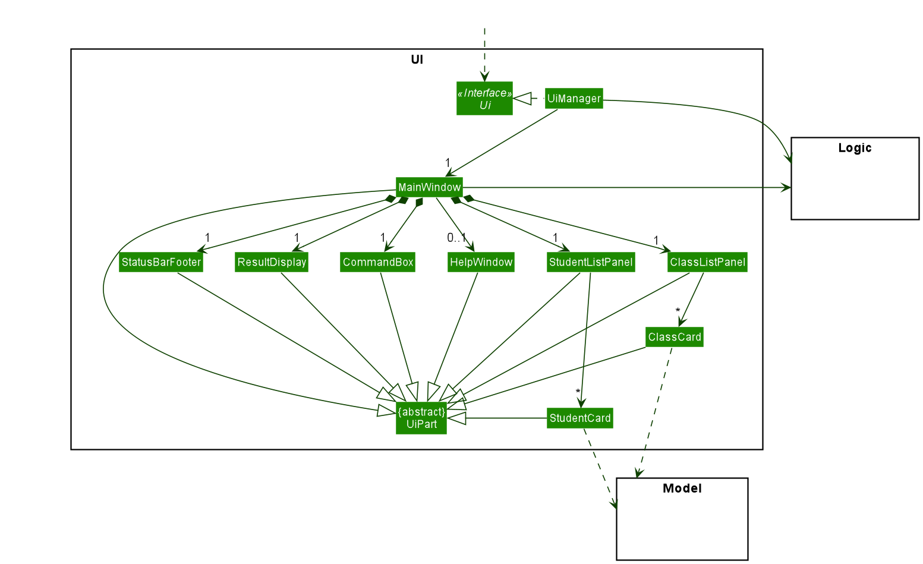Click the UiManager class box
574,99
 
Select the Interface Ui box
484,99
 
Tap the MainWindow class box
429,187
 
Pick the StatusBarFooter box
161,262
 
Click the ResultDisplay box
272,262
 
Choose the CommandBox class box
377,262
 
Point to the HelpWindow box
481,262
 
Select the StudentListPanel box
591,262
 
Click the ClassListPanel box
707,262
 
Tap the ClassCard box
675,337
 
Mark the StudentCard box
579,418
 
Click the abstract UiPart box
421,418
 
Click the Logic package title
855,148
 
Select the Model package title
682,489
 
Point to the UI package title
417,59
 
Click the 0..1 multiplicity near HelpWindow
456,238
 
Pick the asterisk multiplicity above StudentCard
578,392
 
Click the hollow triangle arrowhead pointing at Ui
522,99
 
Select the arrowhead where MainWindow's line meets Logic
786,187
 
